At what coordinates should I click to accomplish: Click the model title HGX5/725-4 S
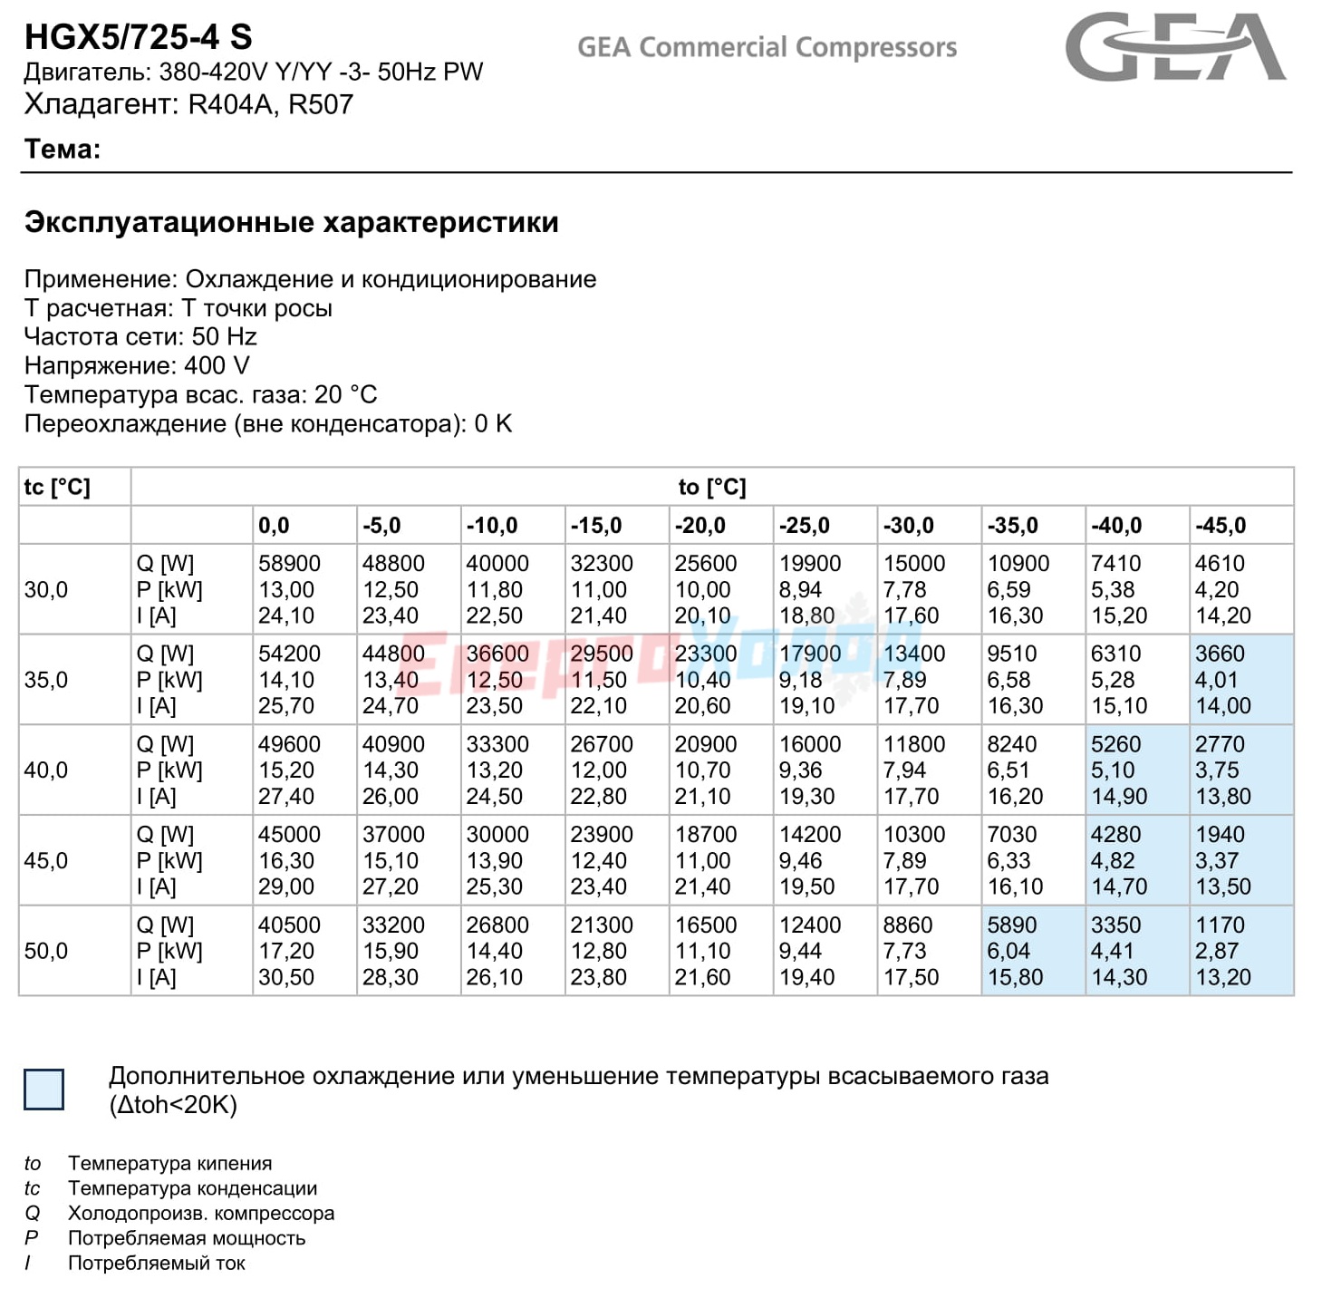pos(139,37)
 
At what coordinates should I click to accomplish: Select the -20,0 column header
pos(700,526)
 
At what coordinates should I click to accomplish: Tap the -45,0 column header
pos(1221,526)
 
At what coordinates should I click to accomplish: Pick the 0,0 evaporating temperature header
pos(274,526)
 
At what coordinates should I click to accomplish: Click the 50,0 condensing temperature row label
pos(46,952)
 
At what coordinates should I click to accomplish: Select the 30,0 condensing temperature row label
pos(46,589)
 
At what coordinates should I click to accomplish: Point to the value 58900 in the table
pos(290,564)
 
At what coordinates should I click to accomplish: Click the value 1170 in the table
pos(1220,925)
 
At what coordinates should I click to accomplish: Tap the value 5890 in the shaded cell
pos(1012,925)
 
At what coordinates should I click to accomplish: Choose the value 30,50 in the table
pos(286,977)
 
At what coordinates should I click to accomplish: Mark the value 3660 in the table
pos(1220,654)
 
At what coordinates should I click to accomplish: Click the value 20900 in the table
pos(706,745)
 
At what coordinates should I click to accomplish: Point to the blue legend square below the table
pos(43,1090)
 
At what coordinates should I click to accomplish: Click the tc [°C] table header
pos(57,488)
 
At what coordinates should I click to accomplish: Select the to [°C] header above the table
pos(712,488)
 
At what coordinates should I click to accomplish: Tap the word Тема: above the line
pos(63,149)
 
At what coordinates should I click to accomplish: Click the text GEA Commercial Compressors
pos(767,47)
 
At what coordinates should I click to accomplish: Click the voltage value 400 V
pos(217,366)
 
